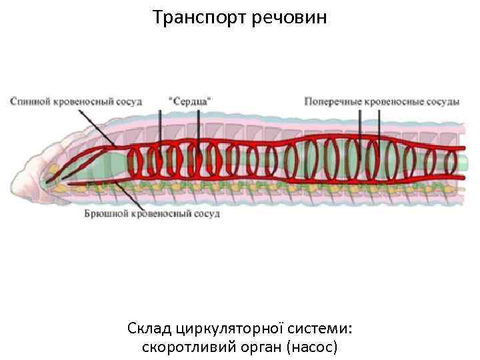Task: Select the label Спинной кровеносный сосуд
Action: click(75, 101)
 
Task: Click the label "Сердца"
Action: click(191, 101)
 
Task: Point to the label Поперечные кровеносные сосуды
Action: click(381, 101)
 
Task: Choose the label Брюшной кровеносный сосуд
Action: click(151, 214)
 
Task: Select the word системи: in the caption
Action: click(321, 329)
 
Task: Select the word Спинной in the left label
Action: click(29, 101)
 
